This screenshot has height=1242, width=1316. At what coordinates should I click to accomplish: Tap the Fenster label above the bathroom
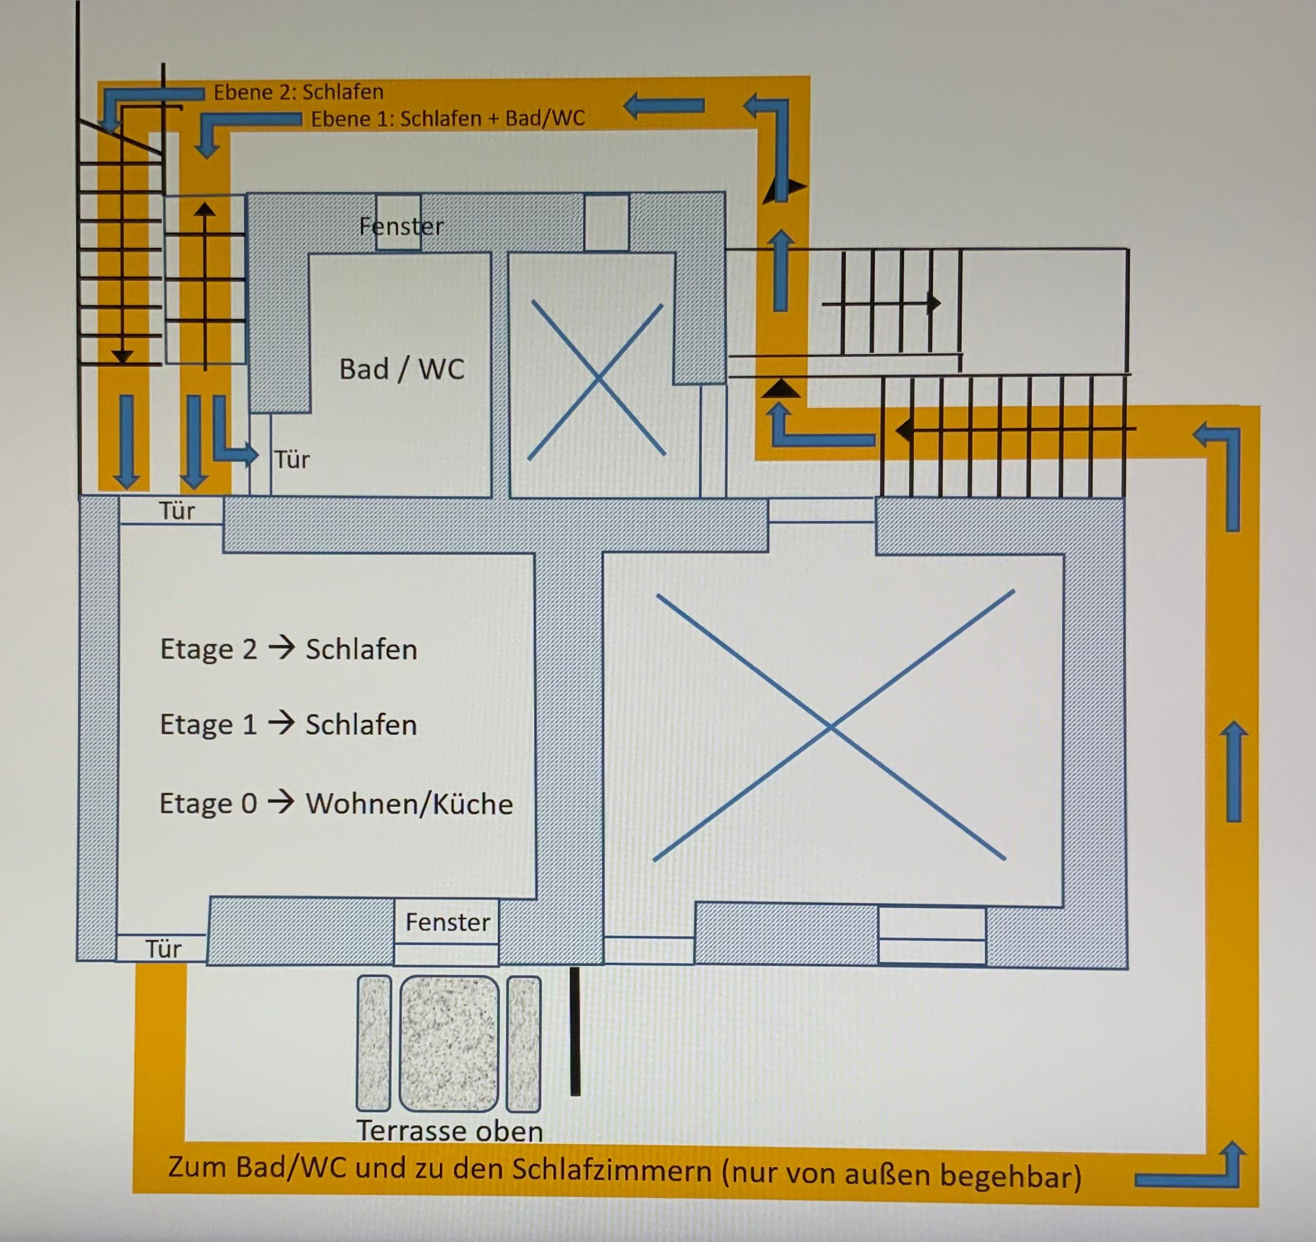[x=401, y=227]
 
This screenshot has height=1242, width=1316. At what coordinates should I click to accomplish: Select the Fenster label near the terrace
[x=448, y=922]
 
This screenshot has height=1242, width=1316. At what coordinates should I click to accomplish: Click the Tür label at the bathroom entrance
[x=292, y=459]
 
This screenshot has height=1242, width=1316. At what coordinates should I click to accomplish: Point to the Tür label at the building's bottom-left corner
[x=164, y=949]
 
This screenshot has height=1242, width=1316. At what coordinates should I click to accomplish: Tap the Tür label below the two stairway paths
[x=177, y=511]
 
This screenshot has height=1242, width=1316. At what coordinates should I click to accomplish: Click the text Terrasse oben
[x=450, y=1131]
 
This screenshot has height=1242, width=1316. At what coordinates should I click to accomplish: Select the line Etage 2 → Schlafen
[x=289, y=649]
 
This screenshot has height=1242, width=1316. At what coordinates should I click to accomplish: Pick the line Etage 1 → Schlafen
[x=289, y=725]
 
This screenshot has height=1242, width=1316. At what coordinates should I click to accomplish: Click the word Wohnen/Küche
[x=409, y=804]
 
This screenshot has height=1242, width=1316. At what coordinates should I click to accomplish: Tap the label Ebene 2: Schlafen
[x=298, y=92]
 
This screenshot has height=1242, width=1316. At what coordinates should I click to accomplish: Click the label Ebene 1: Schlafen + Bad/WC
[x=448, y=118]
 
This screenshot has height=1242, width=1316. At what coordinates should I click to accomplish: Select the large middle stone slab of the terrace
[x=449, y=1044]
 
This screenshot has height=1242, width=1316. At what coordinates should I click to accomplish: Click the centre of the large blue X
[x=832, y=727]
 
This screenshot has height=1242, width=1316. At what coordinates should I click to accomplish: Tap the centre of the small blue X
[x=597, y=379]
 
